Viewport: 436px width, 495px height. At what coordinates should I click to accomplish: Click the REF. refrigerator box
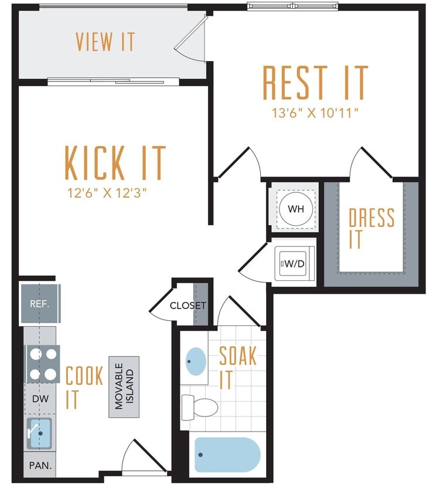coord(40,304)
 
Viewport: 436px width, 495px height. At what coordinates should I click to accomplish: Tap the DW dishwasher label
coord(40,399)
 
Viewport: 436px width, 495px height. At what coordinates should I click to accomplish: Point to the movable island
coord(124,386)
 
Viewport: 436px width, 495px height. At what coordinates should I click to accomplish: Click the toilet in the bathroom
coord(200,406)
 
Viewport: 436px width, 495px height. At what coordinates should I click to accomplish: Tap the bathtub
coord(227,455)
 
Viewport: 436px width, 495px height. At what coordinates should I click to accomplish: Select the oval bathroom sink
coord(196,362)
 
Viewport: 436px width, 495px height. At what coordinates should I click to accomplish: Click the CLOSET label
coord(188,306)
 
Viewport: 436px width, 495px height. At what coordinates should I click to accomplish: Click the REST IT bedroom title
coord(315,83)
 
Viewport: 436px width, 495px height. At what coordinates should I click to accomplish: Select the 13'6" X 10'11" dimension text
coord(315,113)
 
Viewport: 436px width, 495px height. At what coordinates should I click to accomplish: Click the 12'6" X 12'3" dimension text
coord(115,192)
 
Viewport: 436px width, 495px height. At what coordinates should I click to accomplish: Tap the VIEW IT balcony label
coord(105,42)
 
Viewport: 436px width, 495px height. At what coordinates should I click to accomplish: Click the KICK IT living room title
coord(115,162)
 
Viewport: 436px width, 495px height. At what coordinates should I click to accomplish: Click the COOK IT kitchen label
coord(84,387)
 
